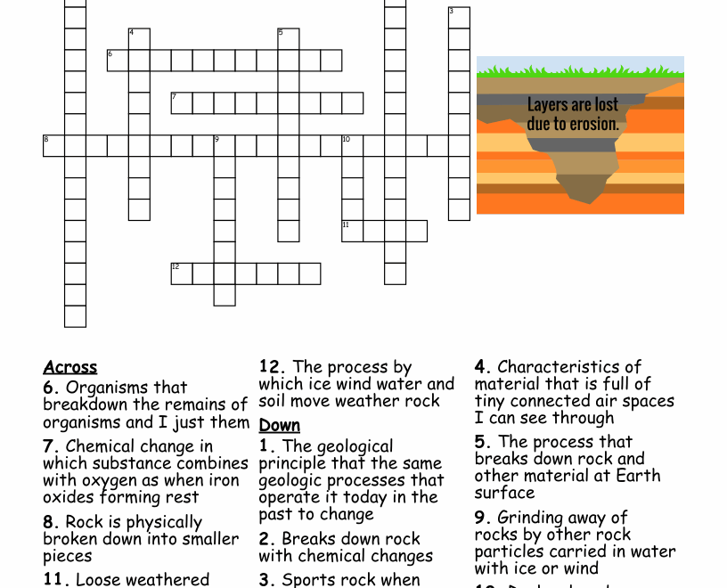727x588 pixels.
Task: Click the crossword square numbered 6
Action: [118, 61]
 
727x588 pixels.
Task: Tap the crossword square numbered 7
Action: [182, 103]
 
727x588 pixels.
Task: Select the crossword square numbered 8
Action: [53, 146]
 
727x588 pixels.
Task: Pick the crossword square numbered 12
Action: [182, 274]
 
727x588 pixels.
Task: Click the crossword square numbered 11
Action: [353, 231]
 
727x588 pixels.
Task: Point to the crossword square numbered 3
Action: [459, 18]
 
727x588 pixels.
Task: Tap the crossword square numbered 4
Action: [139, 39]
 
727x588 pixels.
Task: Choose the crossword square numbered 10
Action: [353, 146]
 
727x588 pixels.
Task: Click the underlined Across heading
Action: [70, 368]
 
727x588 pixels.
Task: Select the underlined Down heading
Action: [280, 426]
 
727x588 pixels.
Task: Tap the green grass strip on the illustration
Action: [580, 71]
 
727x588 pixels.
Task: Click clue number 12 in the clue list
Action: [272, 367]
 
